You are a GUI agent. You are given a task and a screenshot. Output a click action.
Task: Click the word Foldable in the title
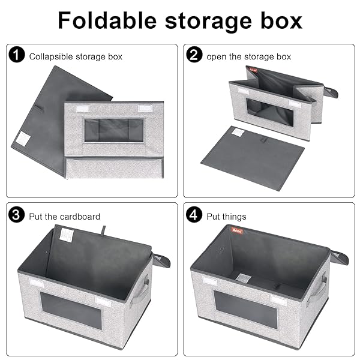point(107,20)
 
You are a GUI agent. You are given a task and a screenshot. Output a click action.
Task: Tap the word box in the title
point(281,20)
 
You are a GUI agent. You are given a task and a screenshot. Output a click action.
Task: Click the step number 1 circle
point(17,55)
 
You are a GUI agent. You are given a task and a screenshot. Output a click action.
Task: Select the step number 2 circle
point(194,55)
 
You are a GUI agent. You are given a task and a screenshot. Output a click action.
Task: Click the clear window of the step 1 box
point(114,130)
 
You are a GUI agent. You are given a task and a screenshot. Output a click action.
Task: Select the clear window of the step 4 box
point(245,309)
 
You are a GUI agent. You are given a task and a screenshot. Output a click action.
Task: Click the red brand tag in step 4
point(237,231)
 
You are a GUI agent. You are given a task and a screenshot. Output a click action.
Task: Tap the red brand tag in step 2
point(253,69)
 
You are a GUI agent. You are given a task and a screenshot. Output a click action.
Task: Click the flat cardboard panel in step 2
point(253,158)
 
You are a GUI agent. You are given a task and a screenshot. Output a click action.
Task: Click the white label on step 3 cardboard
point(67,235)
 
